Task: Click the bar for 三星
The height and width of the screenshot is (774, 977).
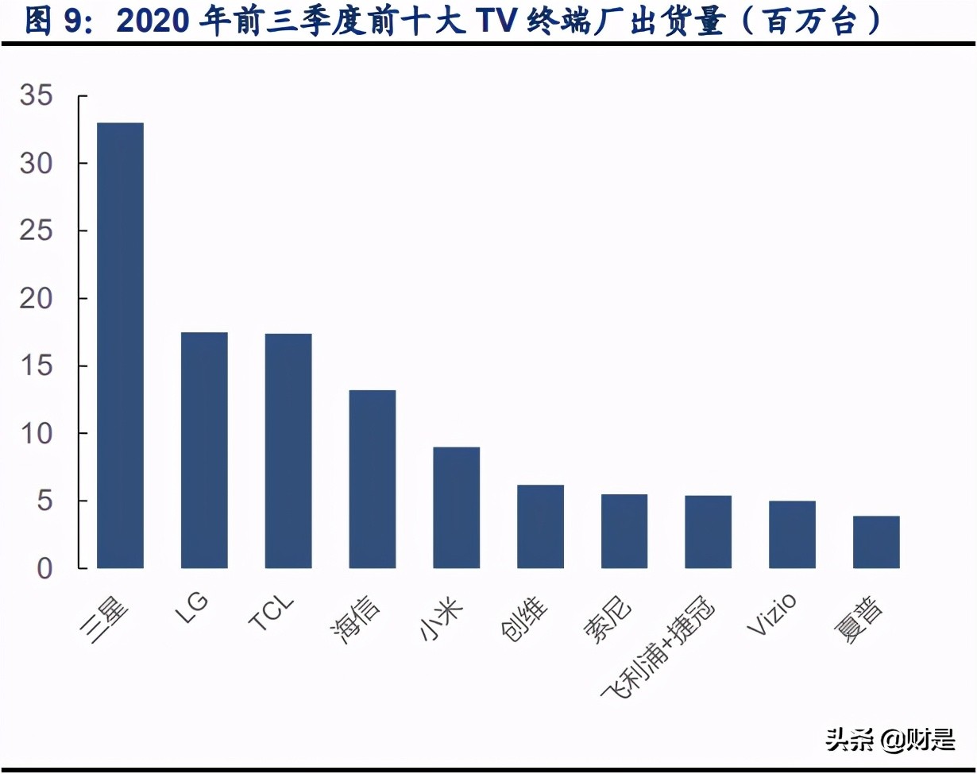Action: coord(120,346)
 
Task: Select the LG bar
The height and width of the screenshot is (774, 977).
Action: coord(204,450)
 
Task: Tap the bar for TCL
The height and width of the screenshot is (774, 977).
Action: coord(288,451)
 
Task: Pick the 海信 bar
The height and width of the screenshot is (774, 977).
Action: coord(373,479)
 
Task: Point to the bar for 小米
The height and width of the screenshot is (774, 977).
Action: coord(457,508)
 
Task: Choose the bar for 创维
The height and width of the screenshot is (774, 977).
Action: coord(540,526)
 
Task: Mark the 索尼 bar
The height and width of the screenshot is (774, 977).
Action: coord(624,531)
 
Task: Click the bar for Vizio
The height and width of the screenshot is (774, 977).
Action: coord(792,534)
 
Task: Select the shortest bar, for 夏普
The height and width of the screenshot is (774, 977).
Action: coord(876,542)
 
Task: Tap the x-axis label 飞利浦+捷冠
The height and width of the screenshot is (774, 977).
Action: coord(658,650)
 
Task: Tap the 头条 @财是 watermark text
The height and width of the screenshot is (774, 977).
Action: coord(890,740)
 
